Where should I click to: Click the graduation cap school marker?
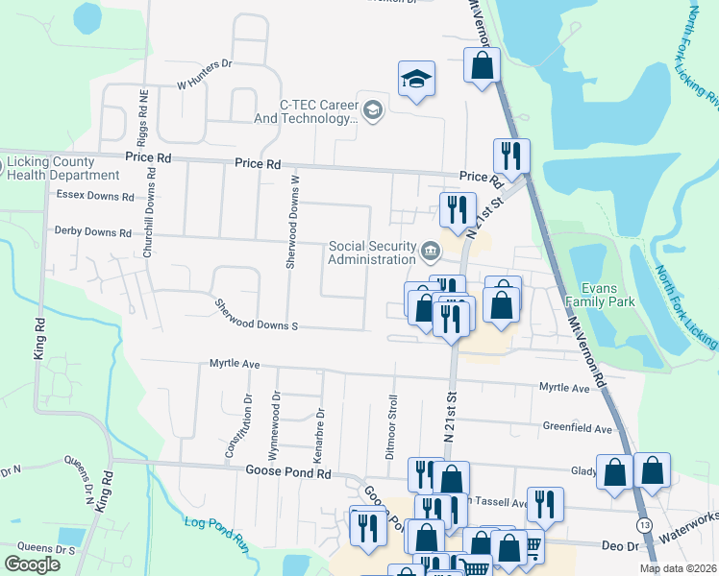click(417, 79)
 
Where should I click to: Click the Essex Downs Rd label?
click(95, 197)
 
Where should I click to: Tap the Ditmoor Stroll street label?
click(391, 426)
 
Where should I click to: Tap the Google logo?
click(32, 564)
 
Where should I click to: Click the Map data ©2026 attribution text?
click(677, 568)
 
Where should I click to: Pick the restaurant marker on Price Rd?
click(511, 156)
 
